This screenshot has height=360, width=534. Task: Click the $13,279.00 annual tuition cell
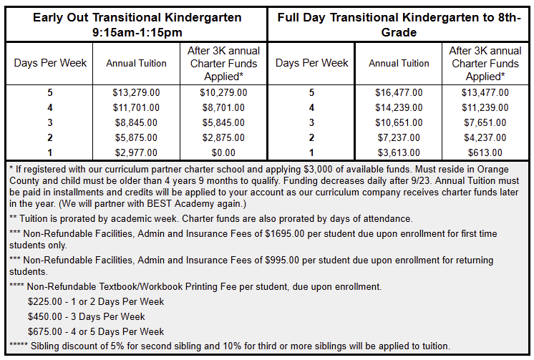(136, 92)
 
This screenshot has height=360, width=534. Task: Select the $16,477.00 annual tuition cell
(399, 92)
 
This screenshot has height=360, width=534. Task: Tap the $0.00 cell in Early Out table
(223, 152)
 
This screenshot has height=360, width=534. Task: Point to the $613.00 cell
(485, 152)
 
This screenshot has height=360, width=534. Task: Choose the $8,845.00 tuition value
(136, 122)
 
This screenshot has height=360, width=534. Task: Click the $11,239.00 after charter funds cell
(485, 107)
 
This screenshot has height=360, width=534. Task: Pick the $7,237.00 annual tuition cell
(399, 137)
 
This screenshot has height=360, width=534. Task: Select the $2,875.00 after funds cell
(223, 137)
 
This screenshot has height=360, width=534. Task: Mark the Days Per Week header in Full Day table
(311, 63)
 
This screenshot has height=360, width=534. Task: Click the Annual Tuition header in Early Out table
(136, 63)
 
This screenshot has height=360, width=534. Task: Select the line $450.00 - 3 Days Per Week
(86, 316)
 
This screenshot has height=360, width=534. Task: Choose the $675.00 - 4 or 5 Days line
(95, 331)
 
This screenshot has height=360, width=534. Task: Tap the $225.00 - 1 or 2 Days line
(95, 301)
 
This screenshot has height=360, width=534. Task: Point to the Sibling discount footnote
(229, 346)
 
